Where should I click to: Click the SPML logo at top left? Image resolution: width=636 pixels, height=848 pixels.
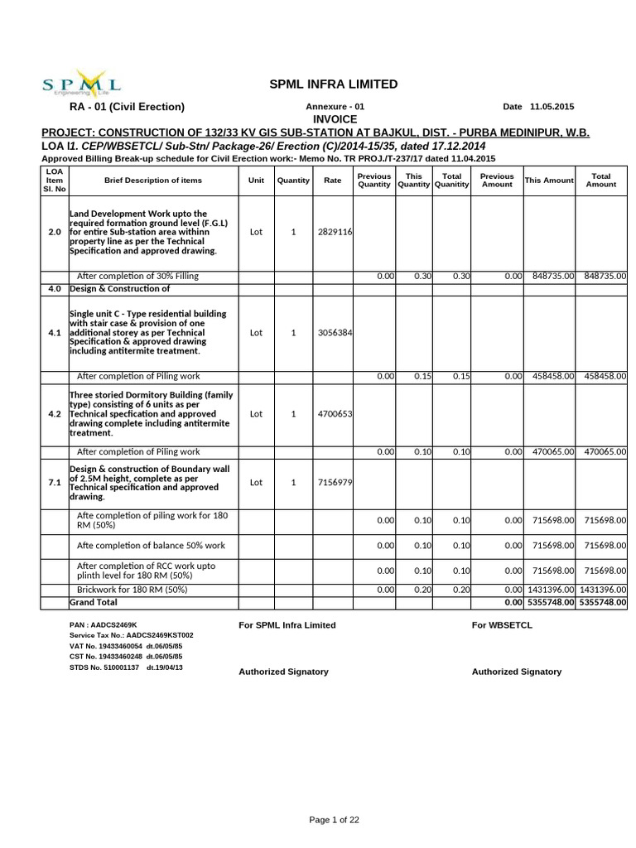coord(81,84)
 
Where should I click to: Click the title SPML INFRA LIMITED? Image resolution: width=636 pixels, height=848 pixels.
coord(333,84)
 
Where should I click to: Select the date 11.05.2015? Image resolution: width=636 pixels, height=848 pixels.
coord(552,107)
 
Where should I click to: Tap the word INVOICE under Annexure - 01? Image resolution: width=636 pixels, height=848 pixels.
coord(334,119)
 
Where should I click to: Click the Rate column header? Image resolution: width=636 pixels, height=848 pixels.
coord(332,180)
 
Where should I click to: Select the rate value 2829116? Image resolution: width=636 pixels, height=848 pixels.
coord(335,232)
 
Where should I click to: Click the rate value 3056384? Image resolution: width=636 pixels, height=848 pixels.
coord(335,332)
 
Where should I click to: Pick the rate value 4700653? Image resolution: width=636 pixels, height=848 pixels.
coord(335,414)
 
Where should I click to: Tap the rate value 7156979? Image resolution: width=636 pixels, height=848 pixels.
coord(335,482)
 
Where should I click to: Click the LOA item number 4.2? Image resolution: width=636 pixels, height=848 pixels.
coord(55,414)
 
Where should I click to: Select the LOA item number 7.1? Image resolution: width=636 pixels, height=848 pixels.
coord(55,482)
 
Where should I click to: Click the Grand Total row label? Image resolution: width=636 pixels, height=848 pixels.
coord(94,601)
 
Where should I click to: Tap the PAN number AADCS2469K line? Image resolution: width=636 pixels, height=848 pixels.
coord(104,624)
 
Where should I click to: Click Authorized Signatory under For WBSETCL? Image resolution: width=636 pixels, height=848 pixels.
coord(516,672)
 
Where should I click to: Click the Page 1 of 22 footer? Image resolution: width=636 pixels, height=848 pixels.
coord(334,820)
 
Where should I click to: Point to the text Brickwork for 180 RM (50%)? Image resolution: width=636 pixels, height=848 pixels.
coord(132,589)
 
